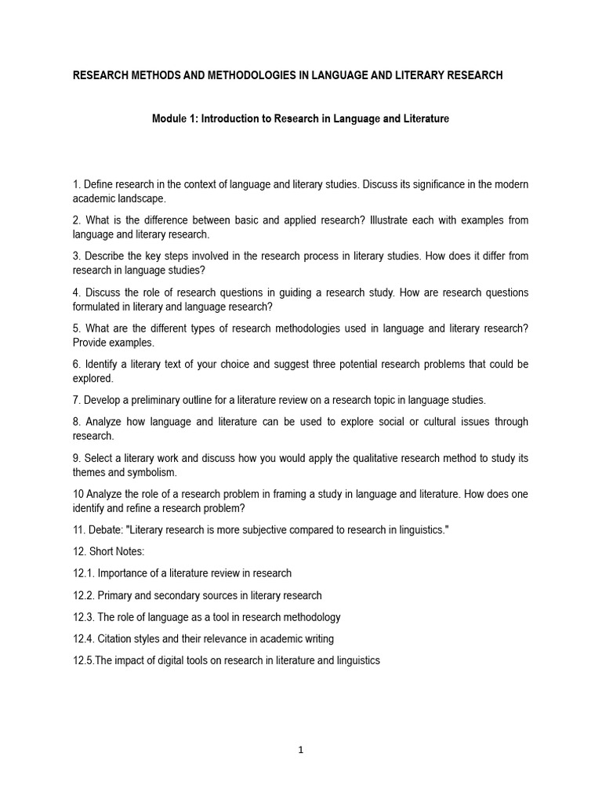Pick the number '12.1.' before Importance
(83, 573)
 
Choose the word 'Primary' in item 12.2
(114, 595)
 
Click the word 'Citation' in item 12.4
(114, 638)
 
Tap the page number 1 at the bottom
(300, 750)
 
